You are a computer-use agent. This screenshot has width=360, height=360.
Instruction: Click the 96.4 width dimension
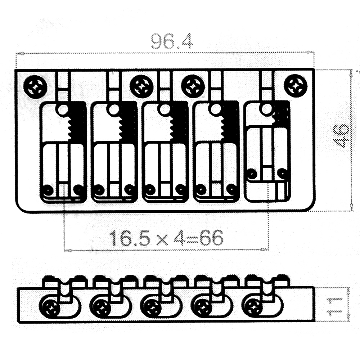pos(172,41)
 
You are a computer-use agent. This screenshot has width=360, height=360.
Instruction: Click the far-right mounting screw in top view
pos(296,85)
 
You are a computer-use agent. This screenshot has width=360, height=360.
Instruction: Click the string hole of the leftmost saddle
pos(63,109)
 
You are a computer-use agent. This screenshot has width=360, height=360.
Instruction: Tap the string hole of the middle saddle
pos(165,109)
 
